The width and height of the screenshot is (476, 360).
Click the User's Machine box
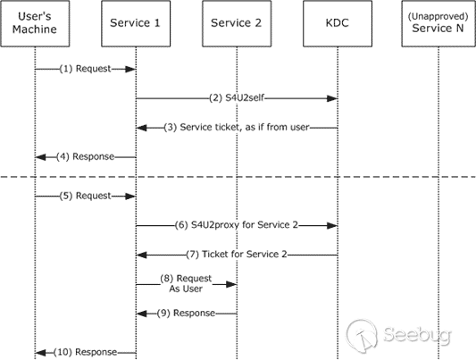tap(35, 23)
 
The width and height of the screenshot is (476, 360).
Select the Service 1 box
tap(136, 23)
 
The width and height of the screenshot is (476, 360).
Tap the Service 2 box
tap(237, 23)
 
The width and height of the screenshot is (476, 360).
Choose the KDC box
tap(338, 23)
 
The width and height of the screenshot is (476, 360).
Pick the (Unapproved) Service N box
tap(438, 23)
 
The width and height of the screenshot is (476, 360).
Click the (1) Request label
tap(86, 69)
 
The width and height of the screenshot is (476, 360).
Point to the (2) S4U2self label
tap(237, 98)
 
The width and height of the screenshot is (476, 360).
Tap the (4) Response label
tap(86, 156)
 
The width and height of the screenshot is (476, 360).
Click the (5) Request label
tap(86, 196)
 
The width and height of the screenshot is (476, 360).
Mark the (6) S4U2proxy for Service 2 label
tap(237, 225)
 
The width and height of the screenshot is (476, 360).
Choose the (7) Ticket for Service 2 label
tap(237, 254)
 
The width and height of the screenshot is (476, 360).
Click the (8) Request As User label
tap(186, 283)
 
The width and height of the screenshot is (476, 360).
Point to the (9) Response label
tap(186, 313)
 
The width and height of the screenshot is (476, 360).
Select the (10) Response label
tap(86, 352)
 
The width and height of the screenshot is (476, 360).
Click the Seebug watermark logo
tap(398, 334)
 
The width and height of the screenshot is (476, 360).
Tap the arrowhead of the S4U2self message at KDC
tap(332, 98)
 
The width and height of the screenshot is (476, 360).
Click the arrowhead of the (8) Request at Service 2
tap(231, 284)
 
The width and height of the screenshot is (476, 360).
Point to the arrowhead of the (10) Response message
tap(40, 353)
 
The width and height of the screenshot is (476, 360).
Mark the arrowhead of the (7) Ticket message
tap(141, 255)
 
